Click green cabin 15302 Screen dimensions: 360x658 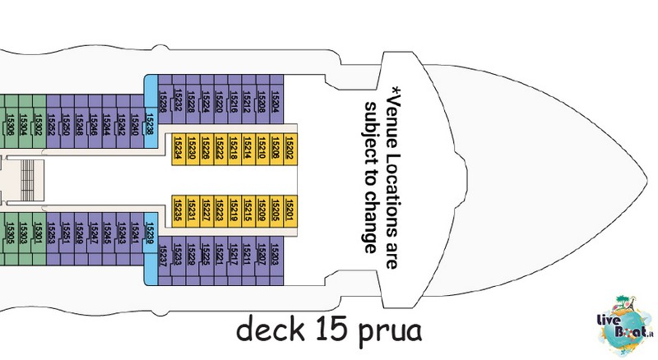click(x=38, y=123)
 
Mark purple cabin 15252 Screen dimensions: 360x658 click(x=52, y=123)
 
